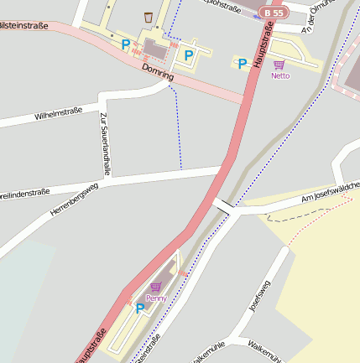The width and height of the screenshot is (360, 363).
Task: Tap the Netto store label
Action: coord(280,75)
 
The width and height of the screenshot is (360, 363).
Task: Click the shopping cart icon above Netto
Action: coord(279,65)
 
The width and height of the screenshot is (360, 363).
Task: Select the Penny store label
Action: coord(156,298)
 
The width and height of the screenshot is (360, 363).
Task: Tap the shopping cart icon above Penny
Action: coord(155,287)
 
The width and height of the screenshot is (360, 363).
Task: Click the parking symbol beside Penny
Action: coord(140,308)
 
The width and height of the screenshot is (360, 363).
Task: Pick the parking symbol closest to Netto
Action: coord(243,63)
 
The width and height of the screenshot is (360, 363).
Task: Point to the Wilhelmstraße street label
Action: coord(59,113)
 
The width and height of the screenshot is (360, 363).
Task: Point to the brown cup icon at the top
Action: coord(149,17)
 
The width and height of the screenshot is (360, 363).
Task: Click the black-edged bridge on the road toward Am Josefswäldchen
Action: coord(224,205)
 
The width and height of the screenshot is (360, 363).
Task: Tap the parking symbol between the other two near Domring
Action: coord(189,55)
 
